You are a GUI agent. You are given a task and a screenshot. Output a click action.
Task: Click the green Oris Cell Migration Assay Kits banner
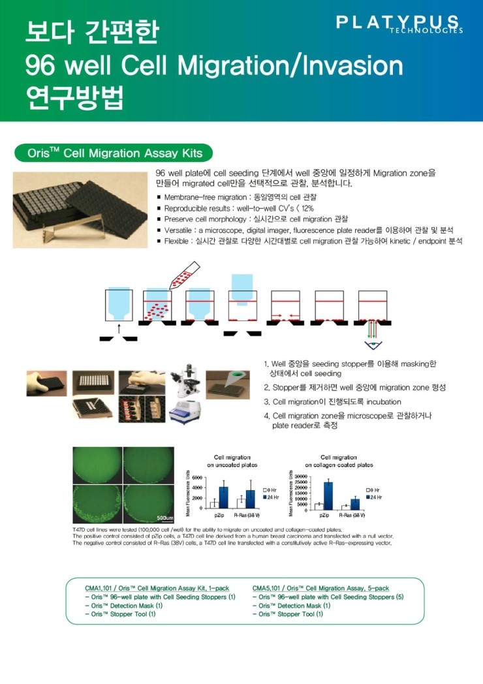[113, 153]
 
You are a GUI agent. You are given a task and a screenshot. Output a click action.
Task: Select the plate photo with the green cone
[228, 383]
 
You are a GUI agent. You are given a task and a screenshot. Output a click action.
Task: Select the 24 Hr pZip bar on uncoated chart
[223, 497]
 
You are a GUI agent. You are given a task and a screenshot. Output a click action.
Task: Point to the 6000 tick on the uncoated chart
[195, 478]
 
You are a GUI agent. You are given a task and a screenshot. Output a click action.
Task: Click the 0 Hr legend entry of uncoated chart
[270, 489]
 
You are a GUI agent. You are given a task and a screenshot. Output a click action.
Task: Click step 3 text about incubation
[336, 401]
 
